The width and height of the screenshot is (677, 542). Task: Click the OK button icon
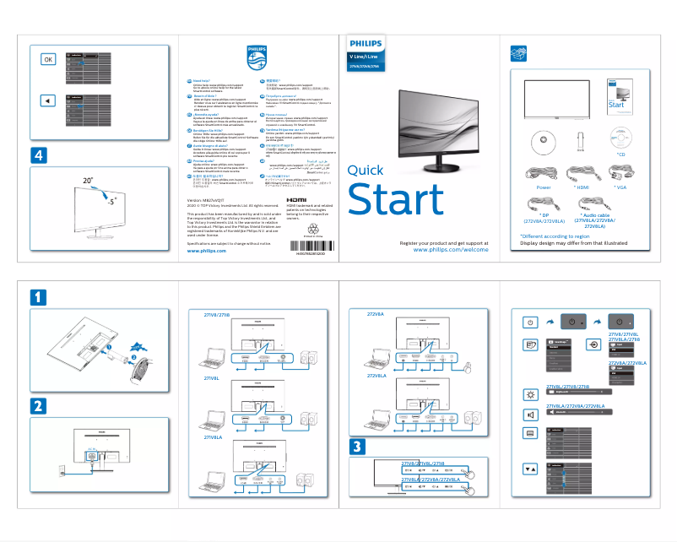[x=48, y=59]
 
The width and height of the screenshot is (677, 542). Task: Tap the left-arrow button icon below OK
[x=48, y=100]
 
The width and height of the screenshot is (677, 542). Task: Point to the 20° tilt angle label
[x=89, y=182]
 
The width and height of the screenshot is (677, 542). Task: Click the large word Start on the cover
[x=395, y=198]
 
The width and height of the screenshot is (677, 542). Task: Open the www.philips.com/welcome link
[x=452, y=251]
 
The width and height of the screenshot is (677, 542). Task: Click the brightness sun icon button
[x=530, y=393]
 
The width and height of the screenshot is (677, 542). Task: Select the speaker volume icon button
[x=530, y=414]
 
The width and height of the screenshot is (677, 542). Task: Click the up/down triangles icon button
[x=530, y=468]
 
